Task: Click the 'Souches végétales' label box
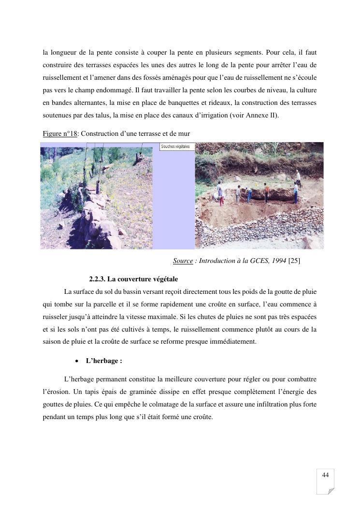click(177, 146)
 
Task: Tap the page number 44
click(325, 475)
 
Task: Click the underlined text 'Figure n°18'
click(60, 134)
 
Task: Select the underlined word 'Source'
click(183, 261)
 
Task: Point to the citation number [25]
click(294, 261)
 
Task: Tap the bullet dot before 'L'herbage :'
click(77, 361)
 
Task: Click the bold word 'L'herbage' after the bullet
click(101, 361)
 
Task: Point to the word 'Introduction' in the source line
click(215, 261)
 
